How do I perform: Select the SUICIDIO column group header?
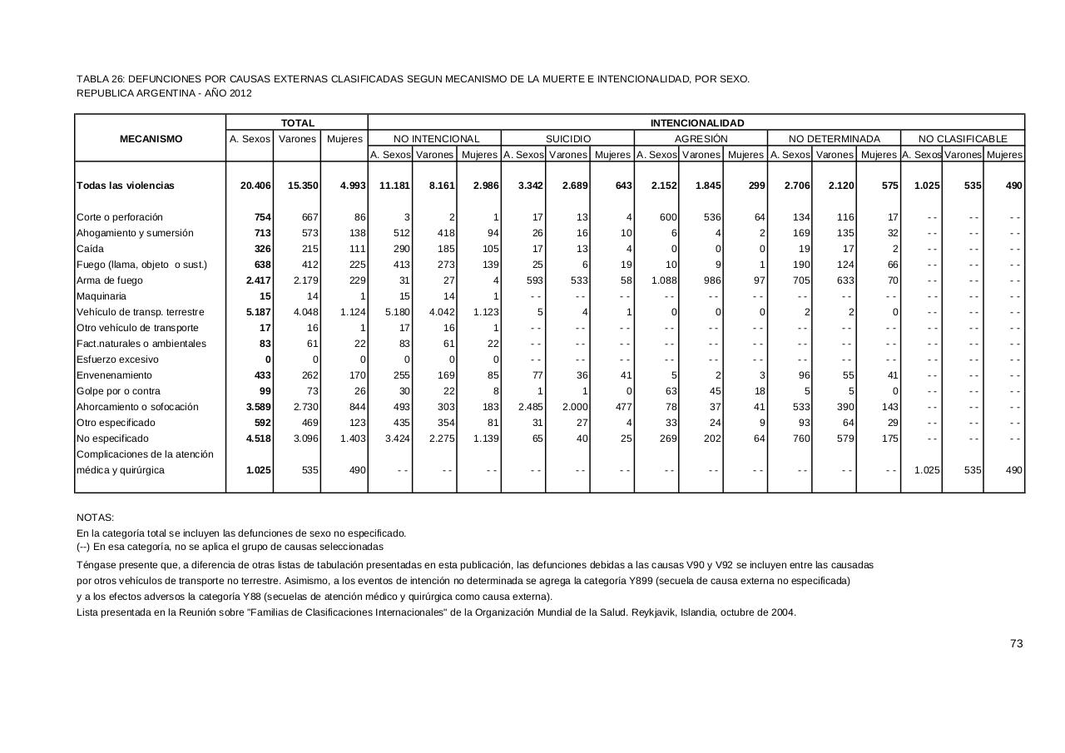coord(567,139)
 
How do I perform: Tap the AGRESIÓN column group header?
coord(701,139)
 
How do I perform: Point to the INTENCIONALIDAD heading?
coord(696,123)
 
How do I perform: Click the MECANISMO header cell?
coord(151,139)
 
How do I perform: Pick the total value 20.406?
coord(255,186)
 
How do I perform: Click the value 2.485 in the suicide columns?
coord(530,407)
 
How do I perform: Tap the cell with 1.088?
coord(664,280)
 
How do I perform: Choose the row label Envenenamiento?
coord(114,375)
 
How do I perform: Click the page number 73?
coord(1016,643)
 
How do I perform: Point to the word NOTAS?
coord(95,518)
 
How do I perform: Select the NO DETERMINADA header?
coord(834,139)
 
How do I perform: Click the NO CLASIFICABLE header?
coord(963,139)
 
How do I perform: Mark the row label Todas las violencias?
coord(126,186)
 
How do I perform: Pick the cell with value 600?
coord(668,217)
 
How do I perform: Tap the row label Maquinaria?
coord(102,296)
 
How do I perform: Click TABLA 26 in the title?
coord(100,79)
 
